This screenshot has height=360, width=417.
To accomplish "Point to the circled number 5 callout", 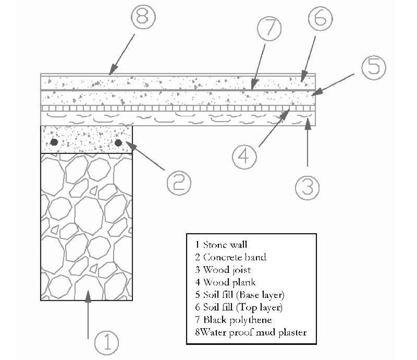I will (374, 69).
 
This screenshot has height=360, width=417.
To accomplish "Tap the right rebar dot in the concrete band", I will (119, 142).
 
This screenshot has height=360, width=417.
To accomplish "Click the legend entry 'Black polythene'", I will (231, 319).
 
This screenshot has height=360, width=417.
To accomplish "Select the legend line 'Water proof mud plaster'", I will (248, 332).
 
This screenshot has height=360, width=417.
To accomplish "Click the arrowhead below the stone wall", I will (89, 295).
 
